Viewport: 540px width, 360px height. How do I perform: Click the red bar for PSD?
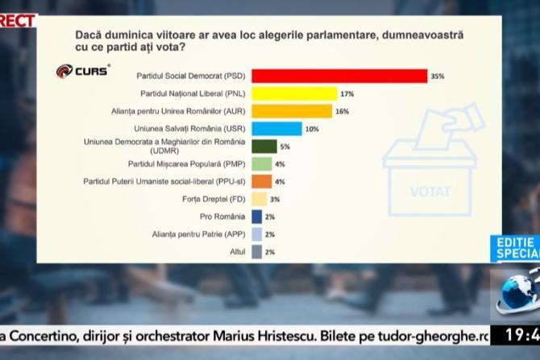pyautogui.click(x=339, y=76)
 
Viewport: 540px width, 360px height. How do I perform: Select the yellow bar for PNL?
pyautogui.click(x=293, y=93)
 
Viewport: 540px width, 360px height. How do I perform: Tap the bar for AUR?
pyautogui.click(x=292, y=111)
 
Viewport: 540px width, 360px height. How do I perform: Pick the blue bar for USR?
pyautogui.click(x=276, y=129)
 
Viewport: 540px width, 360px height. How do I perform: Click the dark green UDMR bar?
pyautogui.click(x=264, y=147)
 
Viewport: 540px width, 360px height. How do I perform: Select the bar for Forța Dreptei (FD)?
pyautogui.click(x=259, y=199)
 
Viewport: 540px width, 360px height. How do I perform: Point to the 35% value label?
pyautogui.click(x=438, y=77)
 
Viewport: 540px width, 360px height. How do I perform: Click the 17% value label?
pyautogui.click(x=347, y=94)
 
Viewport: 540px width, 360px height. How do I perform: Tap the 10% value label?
pyautogui.click(x=312, y=129)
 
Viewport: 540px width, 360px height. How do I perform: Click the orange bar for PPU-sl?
pyautogui.click(x=257, y=181)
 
